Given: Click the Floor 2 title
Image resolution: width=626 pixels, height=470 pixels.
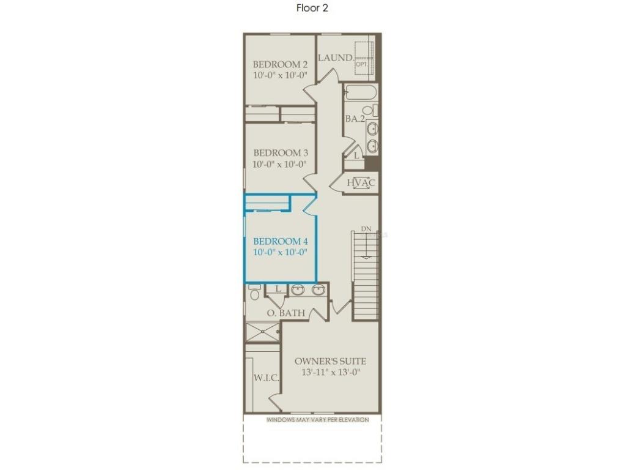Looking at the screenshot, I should [x=312, y=8].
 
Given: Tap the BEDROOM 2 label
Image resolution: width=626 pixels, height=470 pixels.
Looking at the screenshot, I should [x=280, y=64].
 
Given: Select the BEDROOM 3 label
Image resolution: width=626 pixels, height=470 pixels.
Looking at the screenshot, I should [x=280, y=153].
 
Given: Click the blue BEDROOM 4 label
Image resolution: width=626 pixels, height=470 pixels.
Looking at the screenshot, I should [x=280, y=241].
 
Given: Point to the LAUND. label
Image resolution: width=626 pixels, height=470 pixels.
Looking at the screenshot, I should [x=335, y=58].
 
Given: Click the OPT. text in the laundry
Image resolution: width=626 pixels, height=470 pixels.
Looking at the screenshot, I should [x=361, y=63].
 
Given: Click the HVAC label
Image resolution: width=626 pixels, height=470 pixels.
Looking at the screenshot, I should [x=361, y=182].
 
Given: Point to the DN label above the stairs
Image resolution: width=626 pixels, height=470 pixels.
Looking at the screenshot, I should [x=366, y=229].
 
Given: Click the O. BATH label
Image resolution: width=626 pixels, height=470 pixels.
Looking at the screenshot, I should [x=285, y=313].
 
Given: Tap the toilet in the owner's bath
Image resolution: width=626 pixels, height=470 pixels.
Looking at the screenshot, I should [x=255, y=293].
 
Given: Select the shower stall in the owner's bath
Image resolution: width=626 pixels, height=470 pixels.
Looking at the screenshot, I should [x=262, y=332].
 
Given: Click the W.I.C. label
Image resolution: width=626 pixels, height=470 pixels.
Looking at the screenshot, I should [x=267, y=378].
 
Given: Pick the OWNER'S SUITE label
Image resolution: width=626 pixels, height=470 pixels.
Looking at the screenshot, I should [x=330, y=361].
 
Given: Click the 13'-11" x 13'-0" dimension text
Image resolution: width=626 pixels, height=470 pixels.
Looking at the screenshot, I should [x=330, y=372].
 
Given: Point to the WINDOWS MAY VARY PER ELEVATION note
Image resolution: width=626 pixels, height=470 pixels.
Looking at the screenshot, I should [x=317, y=420].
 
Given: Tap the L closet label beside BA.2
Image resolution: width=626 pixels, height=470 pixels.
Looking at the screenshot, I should [x=357, y=156].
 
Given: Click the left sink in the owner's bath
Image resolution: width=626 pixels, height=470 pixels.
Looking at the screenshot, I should [x=298, y=290].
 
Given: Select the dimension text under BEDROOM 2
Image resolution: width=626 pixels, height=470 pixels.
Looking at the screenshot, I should [x=280, y=75].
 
